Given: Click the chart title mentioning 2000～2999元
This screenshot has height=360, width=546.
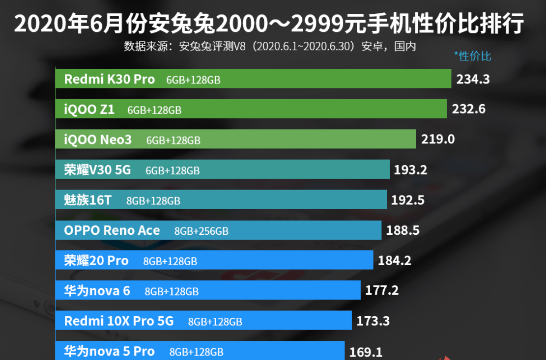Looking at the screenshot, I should [x=269, y=24].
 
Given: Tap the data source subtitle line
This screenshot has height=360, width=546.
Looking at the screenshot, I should [x=270, y=47].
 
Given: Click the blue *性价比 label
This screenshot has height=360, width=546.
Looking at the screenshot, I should [x=472, y=56].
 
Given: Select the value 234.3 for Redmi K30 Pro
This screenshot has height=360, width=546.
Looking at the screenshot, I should [x=473, y=79].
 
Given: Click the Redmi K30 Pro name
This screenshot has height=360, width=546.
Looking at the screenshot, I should [x=109, y=80].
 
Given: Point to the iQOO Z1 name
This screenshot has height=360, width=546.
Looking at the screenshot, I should [x=89, y=110].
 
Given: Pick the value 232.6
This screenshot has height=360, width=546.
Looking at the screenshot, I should [x=468, y=109].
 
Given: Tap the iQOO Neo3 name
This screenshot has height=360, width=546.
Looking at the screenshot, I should [x=98, y=140].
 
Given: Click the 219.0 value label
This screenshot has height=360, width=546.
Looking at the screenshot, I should [x=438, y=139].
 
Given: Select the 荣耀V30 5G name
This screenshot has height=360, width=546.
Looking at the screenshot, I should [x=97, y=170].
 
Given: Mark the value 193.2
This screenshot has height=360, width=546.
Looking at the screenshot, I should [x=410, y=170].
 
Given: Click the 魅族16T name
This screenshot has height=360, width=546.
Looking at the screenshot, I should [x=87, y=200].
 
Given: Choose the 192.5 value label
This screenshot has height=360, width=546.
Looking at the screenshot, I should [x=407, y=200].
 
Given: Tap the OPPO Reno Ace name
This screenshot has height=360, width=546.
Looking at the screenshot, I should [x=112, y=230].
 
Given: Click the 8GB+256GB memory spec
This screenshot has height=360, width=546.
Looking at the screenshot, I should [x=201, y=231].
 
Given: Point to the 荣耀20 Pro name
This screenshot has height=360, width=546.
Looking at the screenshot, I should [x=96, y=261].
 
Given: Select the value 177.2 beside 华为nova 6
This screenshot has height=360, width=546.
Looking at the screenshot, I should [x=382, y=291].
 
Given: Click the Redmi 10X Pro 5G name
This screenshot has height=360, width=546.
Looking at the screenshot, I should [x=118, y=321].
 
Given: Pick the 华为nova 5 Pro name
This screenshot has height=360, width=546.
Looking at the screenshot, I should [x=109, y=352].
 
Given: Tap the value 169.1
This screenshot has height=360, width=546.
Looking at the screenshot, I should [x=366, y=352].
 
